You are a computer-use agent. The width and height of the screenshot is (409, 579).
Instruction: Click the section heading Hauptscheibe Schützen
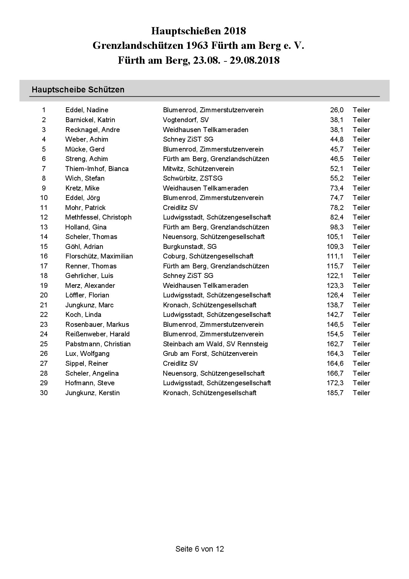tap(78, 90)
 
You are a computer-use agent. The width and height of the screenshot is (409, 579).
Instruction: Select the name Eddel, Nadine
tap(87, 110)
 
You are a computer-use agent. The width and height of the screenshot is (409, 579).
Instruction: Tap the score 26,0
tap(336, 110)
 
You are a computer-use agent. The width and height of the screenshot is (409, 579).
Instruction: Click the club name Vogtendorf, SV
tap(186, 120)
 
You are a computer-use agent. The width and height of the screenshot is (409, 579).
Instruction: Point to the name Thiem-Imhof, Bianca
tap(97, 169)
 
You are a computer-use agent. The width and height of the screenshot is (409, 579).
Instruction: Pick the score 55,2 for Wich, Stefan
tap(336, 178)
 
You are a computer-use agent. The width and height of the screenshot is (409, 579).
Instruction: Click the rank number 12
tap(44, 217)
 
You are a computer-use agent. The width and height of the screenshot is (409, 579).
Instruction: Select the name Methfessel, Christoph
tap(98, 217)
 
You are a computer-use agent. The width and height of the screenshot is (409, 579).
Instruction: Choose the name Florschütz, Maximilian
tap(99, 256)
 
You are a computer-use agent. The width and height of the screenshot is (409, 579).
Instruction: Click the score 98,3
tap(336, 227)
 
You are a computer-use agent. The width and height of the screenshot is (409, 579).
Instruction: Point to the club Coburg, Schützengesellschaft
tap(208, 256)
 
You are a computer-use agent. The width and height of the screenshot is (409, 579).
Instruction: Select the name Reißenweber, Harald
tap(97, 334)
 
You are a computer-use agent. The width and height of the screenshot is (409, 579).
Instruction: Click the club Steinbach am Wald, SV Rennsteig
tap(215, 344)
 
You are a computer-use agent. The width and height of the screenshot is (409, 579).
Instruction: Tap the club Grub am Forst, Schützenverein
tap(210, 354)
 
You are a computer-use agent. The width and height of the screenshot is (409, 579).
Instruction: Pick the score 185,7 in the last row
tap(335, 393)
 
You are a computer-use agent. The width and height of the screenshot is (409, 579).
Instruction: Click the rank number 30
tap(44, 393)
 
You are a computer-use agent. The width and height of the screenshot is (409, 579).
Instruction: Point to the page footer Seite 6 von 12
tap(200, 549)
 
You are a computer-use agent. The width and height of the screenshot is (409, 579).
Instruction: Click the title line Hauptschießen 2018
tap(199, 31)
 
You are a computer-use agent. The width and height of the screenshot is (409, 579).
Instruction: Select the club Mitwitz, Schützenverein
tap(198, 169)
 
